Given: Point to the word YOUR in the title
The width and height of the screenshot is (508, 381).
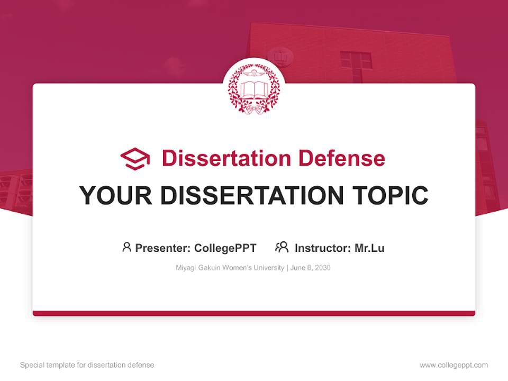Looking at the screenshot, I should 116,196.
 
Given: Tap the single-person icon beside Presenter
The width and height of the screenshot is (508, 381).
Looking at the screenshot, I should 126,247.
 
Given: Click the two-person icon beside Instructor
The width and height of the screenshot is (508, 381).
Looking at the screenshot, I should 282,247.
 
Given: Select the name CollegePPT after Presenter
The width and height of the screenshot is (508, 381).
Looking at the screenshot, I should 225,248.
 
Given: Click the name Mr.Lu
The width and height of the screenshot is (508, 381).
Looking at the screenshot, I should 369,248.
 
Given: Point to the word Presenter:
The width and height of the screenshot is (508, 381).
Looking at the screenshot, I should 163,248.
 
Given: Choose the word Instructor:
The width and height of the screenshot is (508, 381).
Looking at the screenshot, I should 323,248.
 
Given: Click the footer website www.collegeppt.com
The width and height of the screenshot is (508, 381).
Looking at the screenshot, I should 453,365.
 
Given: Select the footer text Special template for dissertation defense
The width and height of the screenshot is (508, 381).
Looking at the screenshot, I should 87,365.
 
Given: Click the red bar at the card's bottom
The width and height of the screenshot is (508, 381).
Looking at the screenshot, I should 253,313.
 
